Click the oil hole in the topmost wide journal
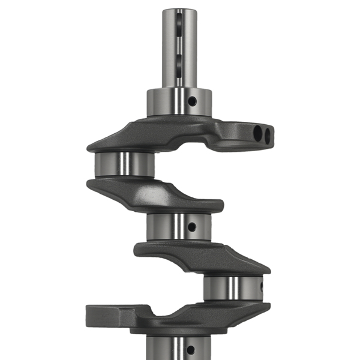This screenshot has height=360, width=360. pos(191,101)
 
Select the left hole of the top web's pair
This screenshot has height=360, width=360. pos(257,131)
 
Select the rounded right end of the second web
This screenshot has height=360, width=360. pos(218,206)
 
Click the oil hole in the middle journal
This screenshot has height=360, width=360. pos(191,227)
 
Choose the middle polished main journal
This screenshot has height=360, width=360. pos(179,226)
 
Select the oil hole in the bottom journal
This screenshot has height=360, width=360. pos(191,349)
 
